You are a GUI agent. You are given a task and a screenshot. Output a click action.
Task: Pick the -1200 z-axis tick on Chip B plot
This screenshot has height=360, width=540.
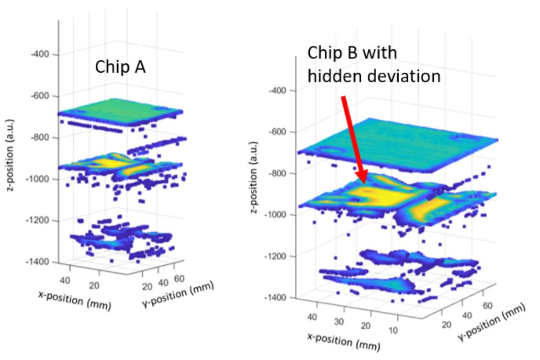click(275, 256)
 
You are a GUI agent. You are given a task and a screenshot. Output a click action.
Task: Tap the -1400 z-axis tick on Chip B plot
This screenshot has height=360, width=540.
click(275, 297)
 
